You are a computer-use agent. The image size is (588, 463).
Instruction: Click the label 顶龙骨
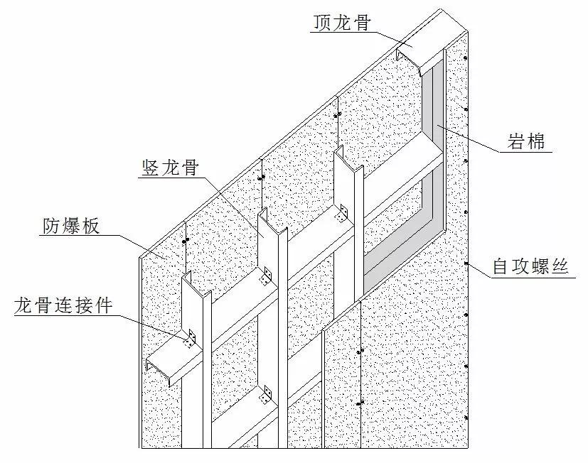tap(341, 23)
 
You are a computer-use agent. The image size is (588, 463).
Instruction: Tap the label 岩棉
tap(525, 141)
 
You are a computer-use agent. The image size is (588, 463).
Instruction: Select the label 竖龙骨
tap(170, 168)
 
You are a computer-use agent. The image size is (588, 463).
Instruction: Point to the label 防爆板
tap(71, 226)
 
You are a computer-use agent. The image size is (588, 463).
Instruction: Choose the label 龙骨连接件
tap(64, 305)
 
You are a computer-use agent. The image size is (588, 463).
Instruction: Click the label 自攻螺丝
tap(530, 266)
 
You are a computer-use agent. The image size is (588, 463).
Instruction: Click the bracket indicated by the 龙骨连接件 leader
tap(191, 338)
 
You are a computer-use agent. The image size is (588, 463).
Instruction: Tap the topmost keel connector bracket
tap(342, 213)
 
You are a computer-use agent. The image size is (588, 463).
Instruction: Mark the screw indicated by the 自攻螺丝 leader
tap(466, 263)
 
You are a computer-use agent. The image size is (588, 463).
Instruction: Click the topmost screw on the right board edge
tap(466, 58)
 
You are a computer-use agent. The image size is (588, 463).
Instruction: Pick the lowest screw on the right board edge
tap(466, 418)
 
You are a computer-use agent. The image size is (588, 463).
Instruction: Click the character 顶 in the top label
tap(323, 23)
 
